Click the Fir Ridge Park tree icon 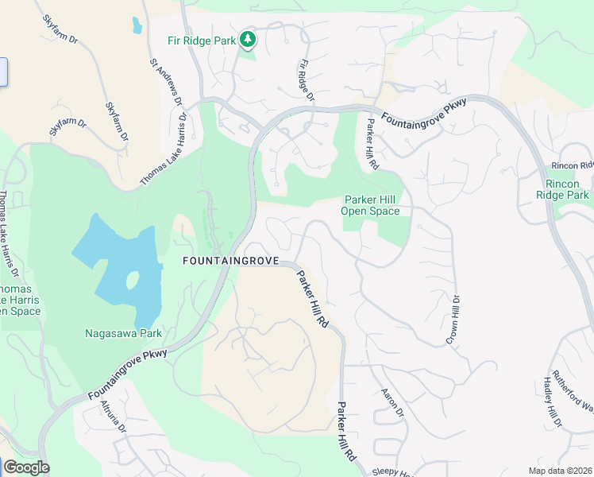[249, 38]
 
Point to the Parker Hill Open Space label [370, 205]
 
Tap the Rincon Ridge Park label [562, 189]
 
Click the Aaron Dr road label [392, 403]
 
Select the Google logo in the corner [26, 467]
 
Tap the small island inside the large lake [132, 281]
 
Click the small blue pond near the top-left [137, 26]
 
